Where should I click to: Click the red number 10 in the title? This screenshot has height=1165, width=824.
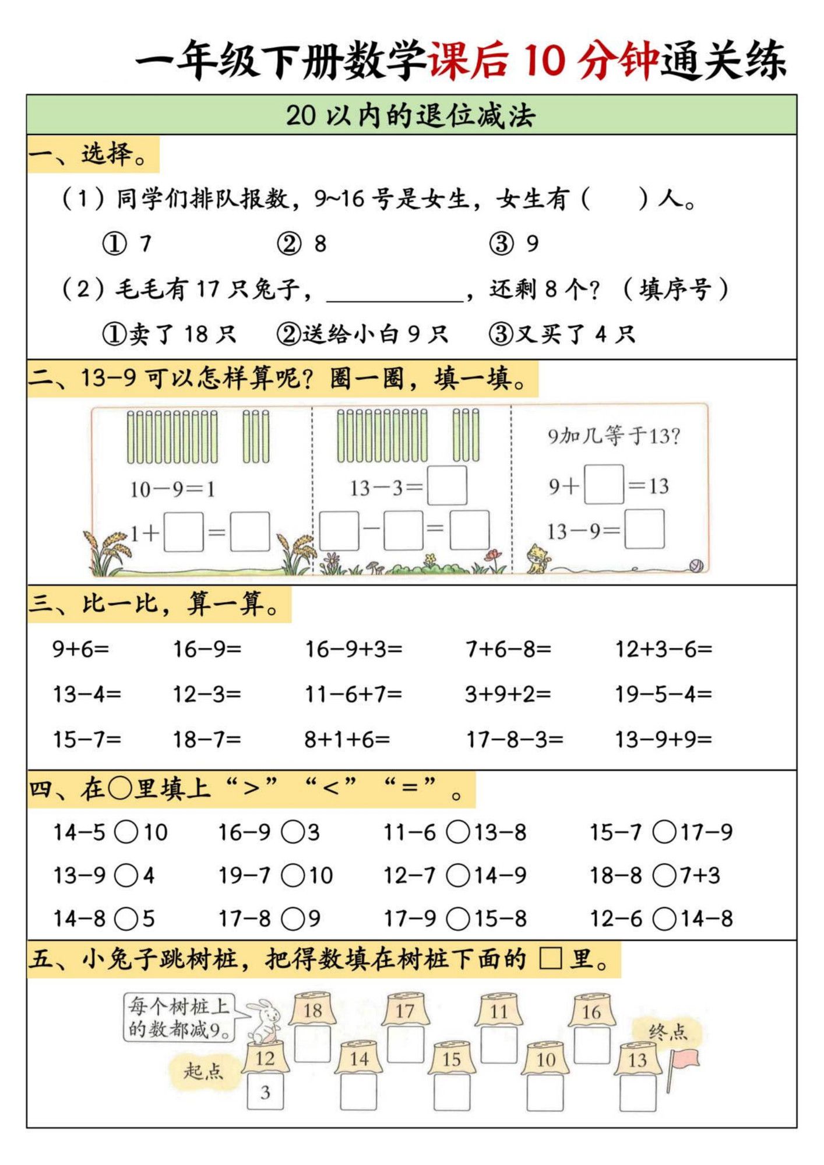click(x=544, y=60)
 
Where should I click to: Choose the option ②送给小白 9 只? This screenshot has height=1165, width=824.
click(x=362, y=334)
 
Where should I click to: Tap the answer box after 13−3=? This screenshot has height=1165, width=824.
click(x=447, y=485)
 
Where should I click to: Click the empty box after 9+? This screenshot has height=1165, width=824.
click(x=604, y=484)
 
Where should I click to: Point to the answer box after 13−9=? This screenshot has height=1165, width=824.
click(x=645, y=529)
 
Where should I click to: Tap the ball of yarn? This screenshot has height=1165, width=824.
click(x=696, y=564)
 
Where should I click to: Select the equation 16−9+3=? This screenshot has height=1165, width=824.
click(x=354, y=649)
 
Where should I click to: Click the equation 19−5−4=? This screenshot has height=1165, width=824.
click(x=663, y=694)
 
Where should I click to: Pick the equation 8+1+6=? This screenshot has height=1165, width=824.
click(x=347, y=739)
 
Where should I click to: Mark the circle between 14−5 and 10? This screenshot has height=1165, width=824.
click(x=126, y=832)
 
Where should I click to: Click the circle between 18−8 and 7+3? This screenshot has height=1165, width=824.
click(x=664, y=875)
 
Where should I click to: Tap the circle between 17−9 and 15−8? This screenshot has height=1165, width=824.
click(x=458, y=919)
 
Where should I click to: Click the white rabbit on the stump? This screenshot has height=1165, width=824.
click(x=265, y=1021)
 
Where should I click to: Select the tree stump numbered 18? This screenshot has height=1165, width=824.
click(x=313, y=1011)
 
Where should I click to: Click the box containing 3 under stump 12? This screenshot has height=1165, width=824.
click(x=265, y=1092)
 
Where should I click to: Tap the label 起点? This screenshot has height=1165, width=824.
click(x=203, y=1071)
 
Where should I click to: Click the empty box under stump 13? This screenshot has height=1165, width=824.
click(x=638, y=1093)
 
